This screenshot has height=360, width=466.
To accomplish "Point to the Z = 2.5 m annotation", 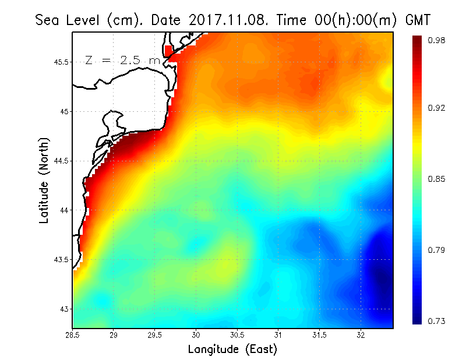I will point(122,60).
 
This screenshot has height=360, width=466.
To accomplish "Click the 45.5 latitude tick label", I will point(61,62).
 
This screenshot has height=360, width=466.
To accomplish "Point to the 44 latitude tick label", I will point(64,210).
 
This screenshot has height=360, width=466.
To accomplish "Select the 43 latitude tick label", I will point(64,309).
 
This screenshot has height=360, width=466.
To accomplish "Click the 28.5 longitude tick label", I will point(73,335).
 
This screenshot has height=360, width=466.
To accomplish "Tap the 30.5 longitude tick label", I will point(237,335).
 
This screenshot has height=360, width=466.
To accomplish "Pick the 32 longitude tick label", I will point(361,335).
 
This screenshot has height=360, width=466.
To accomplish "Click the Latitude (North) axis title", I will point(44,180).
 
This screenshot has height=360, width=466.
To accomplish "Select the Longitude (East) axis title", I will point(232,350).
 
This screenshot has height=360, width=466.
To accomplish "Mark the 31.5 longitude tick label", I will point(319,335).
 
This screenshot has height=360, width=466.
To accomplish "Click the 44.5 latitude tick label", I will point(61,161).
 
